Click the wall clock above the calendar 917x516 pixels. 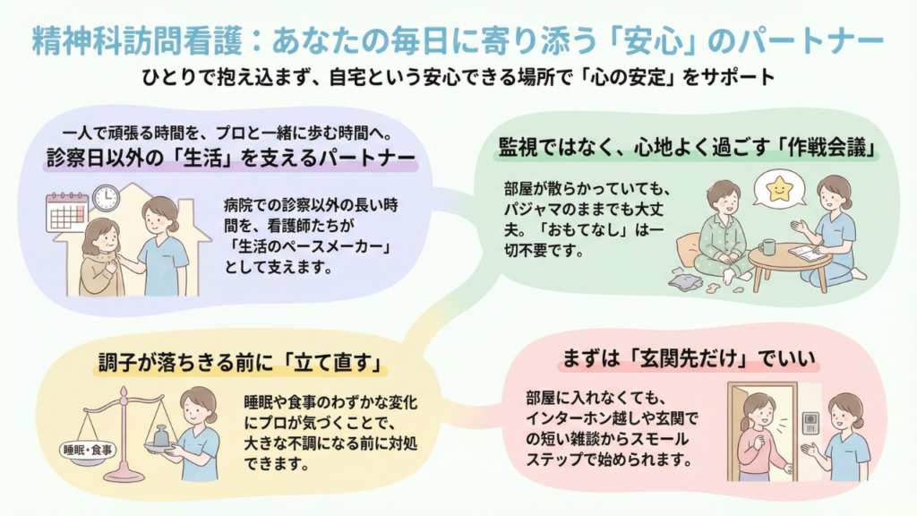tap(106, 198)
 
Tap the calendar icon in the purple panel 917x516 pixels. tap(66, 213)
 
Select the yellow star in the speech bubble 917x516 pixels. tap(779, 188)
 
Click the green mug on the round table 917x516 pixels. tap(767, 247)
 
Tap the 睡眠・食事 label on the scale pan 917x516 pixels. tap(88, 450)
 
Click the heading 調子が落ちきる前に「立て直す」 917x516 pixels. tap(240, 364)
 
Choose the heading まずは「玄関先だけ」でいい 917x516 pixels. tap(689, 358)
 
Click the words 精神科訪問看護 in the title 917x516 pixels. tap(137, 41)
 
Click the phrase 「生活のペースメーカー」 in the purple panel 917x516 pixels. tap(308, 246)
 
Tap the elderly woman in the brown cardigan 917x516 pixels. tap(103, 257)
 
